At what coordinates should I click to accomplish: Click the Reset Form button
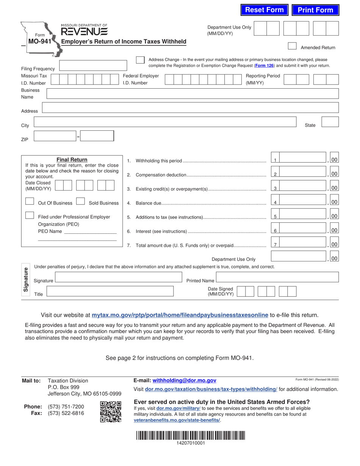pyautogui.click(x=264, y=10)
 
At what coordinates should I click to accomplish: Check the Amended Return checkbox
pyautogui.click(x=292, y=46)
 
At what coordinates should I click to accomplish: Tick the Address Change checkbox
pyautogui.click(x=140, y=60)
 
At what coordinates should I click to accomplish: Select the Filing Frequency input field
pyautogui.click(x=93, y=65)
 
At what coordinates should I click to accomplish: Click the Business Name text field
pyautogui.click(x=192, y=94)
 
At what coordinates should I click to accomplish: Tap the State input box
pyautogui.click(x=330, y=122)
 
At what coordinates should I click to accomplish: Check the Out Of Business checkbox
pyautogui.click(x=30, y=201)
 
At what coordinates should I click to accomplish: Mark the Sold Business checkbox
pyautogui.click(x=80, y=201)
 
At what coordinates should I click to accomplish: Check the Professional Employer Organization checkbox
pyautogui.click(x=30, y=215)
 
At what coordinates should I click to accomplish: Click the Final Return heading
pyautogui.click(x=72, y=160)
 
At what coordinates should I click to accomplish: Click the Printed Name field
pyautogui.click(x=277, y=277)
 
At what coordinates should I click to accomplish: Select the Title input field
pyautogui.click(x=110, y=291)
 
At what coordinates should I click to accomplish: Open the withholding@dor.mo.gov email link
pyautogui.click(x=184, y=380)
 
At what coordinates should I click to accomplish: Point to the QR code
pyautogui.click(x=111, y=412)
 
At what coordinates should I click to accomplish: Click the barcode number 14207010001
pyautogui.click(x=191, y=443)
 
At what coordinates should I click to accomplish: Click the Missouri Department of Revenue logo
pyautogui.click(x=84, y=30)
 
